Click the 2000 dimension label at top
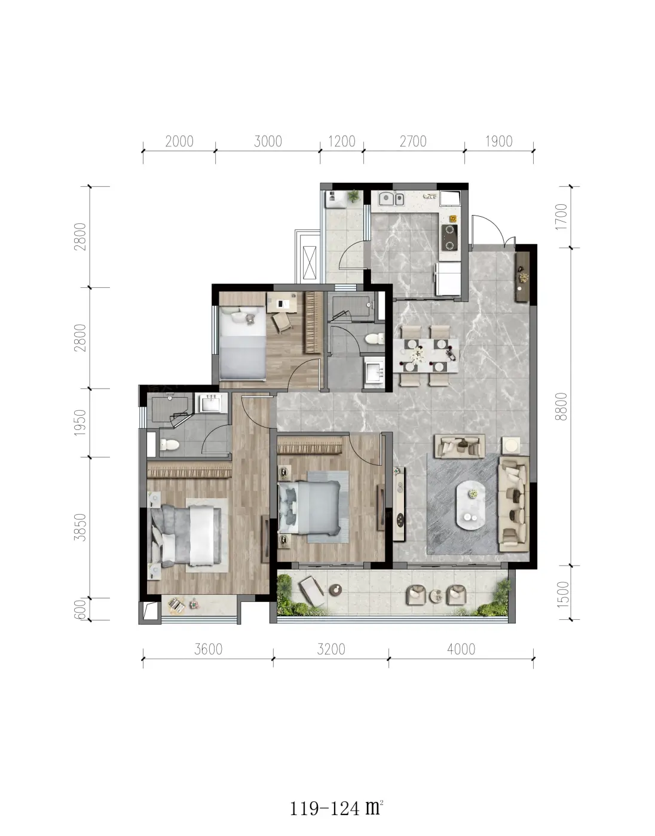179,142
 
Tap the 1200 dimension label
342,142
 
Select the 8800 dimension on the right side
562,407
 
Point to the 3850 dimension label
80,527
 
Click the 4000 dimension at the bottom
461,650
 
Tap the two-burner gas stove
449,238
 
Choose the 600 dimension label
80,609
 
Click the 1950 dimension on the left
80,422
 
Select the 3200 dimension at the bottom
331,650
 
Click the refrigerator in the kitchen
448,279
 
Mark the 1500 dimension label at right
562,594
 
